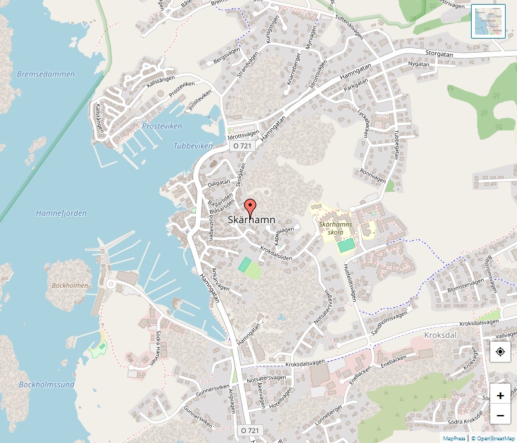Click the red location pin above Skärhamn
250,207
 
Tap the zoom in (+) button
500,395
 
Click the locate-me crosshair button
500,352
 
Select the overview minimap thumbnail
488,21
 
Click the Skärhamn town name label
251,219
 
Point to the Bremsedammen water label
46,74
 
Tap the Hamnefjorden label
61,213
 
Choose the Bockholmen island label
70,285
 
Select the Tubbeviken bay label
193,145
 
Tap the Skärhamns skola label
335,228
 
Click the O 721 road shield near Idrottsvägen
242,145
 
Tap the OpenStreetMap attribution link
493,438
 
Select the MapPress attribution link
454,438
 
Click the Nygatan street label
420,64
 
